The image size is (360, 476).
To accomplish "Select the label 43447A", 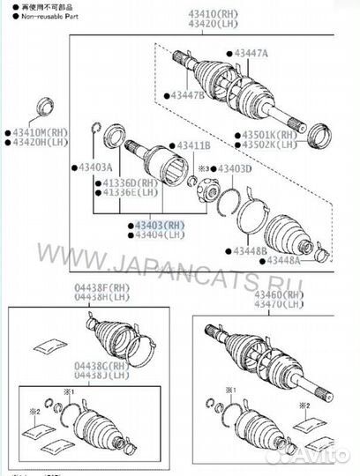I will [251, 54].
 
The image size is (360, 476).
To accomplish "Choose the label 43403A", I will [96, 166].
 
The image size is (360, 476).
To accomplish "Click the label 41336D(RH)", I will [131, 182].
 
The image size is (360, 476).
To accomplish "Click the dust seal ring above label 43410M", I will [41, 109].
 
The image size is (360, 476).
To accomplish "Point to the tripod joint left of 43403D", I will [211, 190].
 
